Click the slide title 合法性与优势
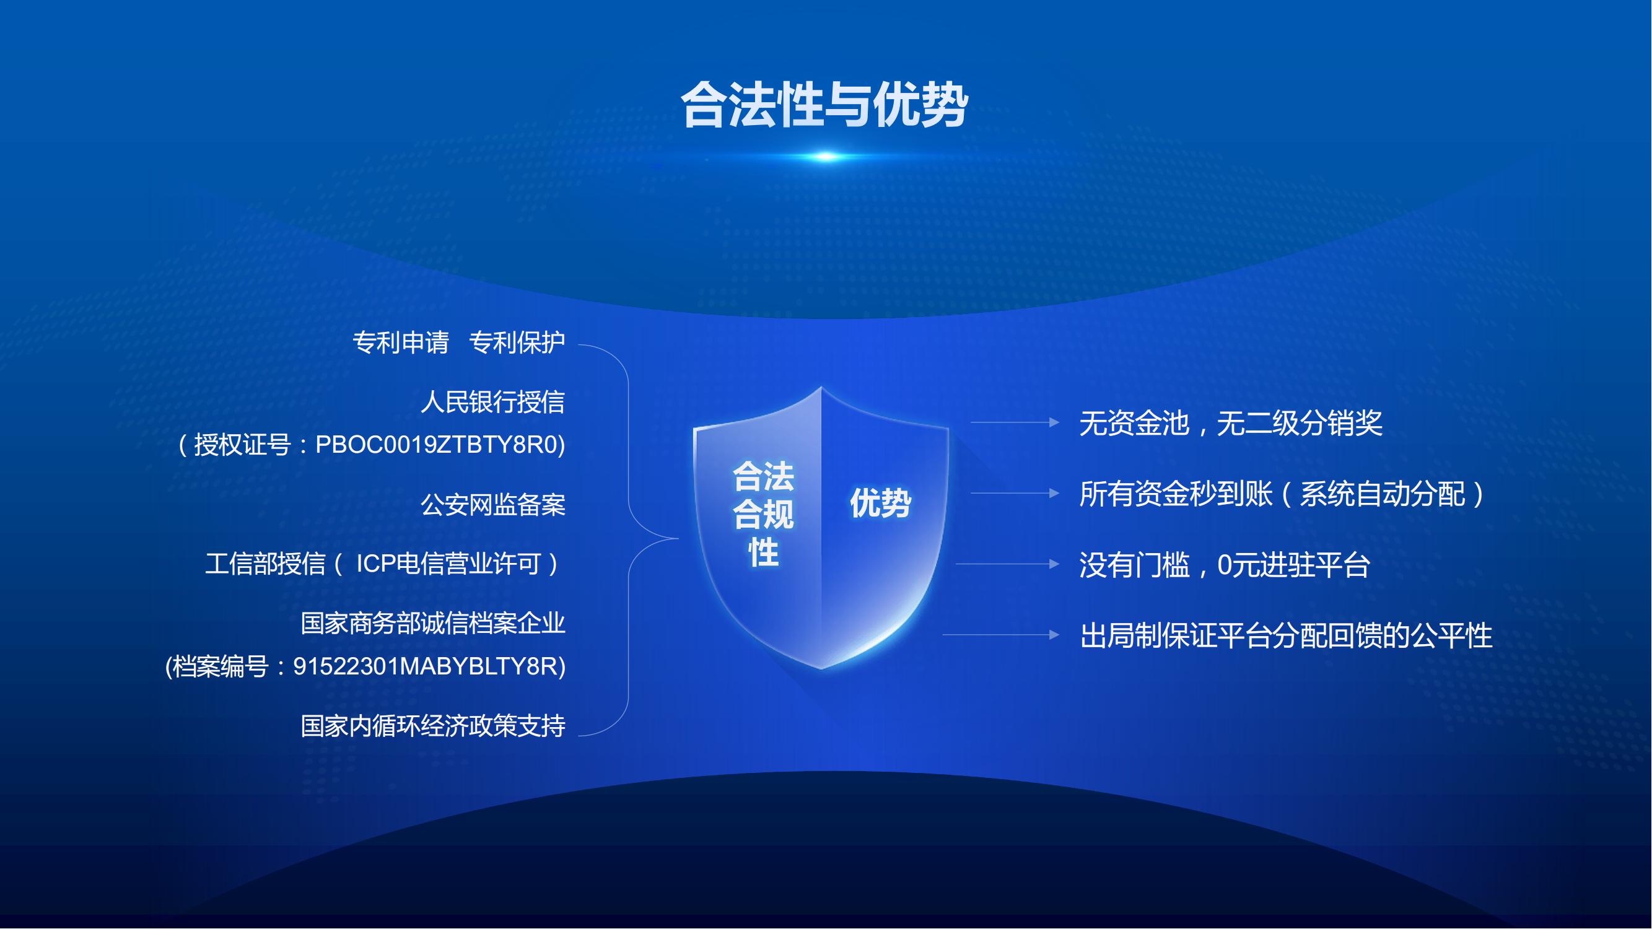click(824, 105)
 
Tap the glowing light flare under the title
click(826, 157)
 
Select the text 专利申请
click(401, 342)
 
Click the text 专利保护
click(517, 342)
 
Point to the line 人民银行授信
click(492, 402)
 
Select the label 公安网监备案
click(492, 505)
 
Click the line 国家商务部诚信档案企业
click(433, 623)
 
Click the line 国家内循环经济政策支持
click(433, 726)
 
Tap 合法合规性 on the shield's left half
click(763, 513)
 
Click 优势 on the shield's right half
click(881, 503)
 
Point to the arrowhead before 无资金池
click(1054, 422)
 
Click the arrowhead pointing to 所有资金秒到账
click(1054, 493)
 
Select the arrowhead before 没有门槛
click(1054, 564)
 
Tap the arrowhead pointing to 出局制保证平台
click(1054, 635)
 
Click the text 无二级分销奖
click(1300, 423)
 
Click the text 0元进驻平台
click(1293, 565)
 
